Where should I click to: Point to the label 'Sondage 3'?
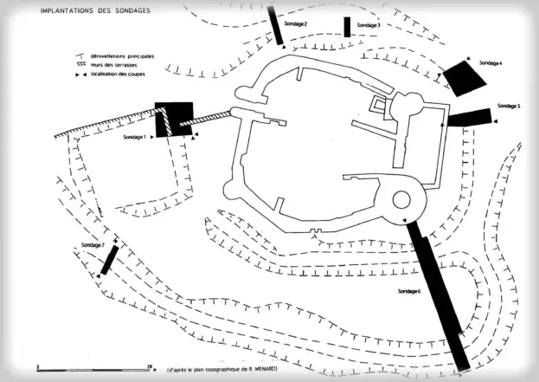point(369,26)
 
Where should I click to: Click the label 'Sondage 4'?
point(491,64)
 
